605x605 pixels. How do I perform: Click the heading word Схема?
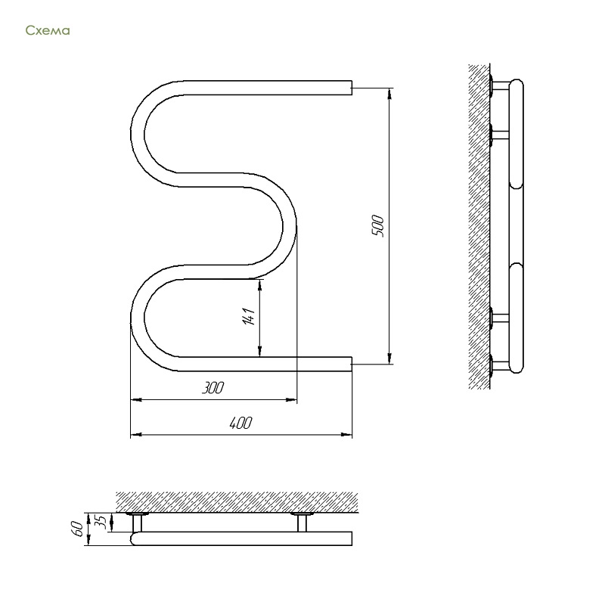tap(48, 30)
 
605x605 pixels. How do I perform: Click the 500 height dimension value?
tap(377, 226)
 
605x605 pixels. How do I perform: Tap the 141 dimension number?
tap(249, 316)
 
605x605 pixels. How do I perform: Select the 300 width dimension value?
tap(213, 388)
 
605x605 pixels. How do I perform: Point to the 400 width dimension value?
tap(240, 423)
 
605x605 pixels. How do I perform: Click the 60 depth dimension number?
tap(77, 528)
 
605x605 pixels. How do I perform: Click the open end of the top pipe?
tap(352, 88)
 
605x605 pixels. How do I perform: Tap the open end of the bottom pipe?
tap(352, 365)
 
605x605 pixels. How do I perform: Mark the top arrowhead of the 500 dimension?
tap(389, 92)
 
